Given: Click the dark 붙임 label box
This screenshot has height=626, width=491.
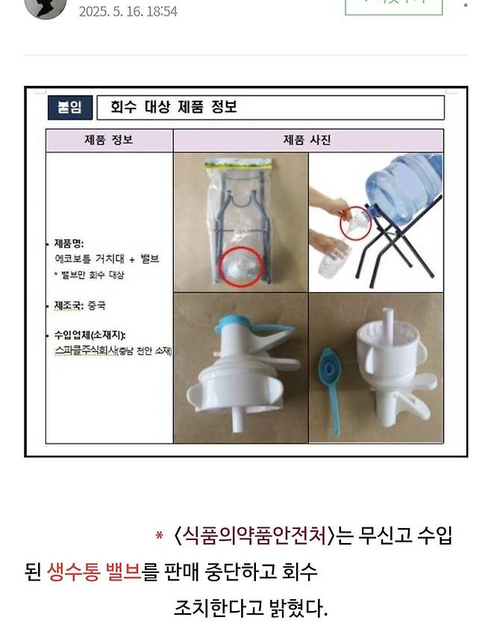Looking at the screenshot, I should [70, 108].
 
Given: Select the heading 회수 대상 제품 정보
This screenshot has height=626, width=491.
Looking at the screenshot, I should [173, 107].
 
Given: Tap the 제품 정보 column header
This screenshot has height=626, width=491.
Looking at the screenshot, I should [109, 140].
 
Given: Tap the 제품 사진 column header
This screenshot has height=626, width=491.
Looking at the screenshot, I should [307, 140].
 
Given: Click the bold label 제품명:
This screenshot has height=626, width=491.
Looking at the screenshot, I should [69, 244].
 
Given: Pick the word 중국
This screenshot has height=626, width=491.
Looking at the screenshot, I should [97, 306].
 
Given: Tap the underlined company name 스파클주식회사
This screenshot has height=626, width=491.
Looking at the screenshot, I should [86, 350].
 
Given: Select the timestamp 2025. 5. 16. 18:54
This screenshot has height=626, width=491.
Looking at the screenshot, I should [128, 12].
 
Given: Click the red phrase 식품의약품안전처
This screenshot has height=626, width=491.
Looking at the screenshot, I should [253, 536].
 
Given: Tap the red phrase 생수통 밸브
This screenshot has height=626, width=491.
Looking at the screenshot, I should [93, 572].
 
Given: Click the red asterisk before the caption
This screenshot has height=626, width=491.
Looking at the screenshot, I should [159, 536].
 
